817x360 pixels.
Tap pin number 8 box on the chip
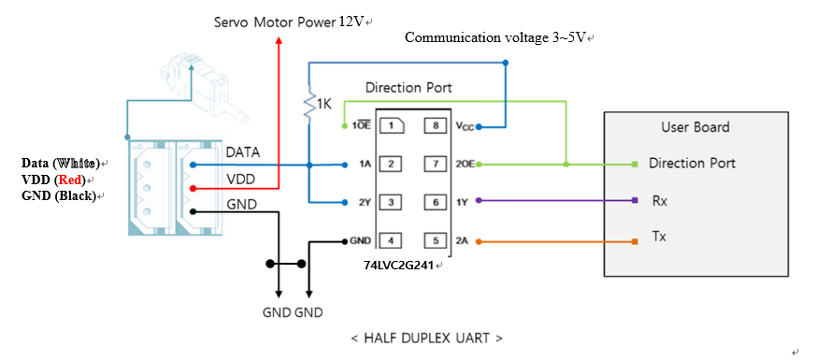pyautogui.click(x=435, y=125)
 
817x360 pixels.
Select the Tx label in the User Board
pyautogui.click(x=658, y=237)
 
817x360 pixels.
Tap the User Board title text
pyautogui.click(x=695, y=127)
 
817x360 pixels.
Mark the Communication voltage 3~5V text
pyautogui.click(x=499, y=37)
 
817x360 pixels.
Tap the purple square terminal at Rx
pyautogui.click(x=635, y=200)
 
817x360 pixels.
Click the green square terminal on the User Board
pyautogui.click(x=635, y=164)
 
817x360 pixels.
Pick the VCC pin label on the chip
pyautogui.click(x=466, y=125)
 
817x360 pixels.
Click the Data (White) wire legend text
pyautogui.click(x=61, y=164)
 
